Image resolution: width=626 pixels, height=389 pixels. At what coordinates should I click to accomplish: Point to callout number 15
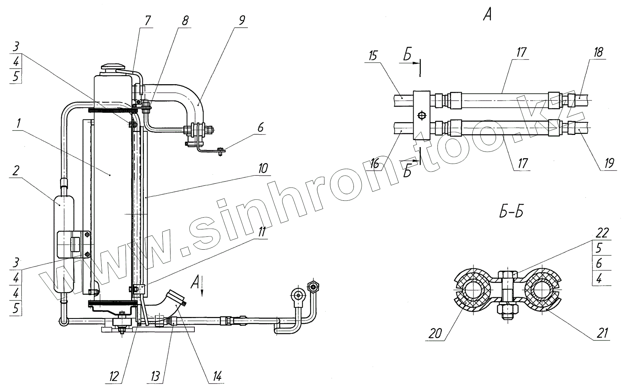click(x=373, y=56)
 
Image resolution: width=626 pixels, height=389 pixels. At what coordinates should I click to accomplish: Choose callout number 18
click(x=598, y=52)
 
